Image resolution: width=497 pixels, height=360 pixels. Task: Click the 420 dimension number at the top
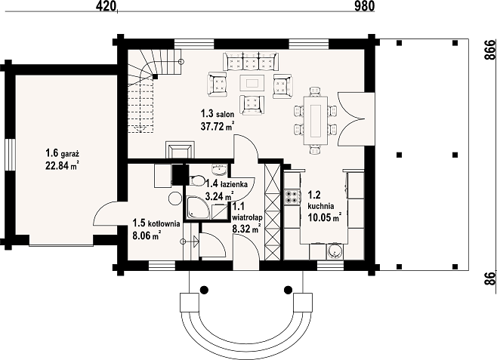click(105, 6)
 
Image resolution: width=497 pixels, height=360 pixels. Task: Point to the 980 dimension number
click(365, 6)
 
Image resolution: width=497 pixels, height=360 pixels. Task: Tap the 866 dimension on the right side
click(490, 50)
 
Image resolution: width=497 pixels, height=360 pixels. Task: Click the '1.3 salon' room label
click(217, 114)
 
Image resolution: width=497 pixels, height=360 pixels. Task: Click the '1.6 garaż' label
click(62, 154)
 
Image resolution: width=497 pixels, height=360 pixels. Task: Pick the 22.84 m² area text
click(62, 165)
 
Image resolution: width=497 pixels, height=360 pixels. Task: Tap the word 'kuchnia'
click(321, 206)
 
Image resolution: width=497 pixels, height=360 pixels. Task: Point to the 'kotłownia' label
click(162, 223)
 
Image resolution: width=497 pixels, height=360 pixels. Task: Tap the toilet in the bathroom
click(197, 180)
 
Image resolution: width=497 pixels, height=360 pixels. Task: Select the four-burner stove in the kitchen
click(292, 196)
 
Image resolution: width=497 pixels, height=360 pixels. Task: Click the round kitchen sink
click(335, 251)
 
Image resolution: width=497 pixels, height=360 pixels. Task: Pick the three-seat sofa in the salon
click(251, 61)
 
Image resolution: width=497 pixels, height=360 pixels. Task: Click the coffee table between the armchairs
click(252, 83)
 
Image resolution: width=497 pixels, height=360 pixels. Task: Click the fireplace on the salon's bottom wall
click(180, 149)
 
